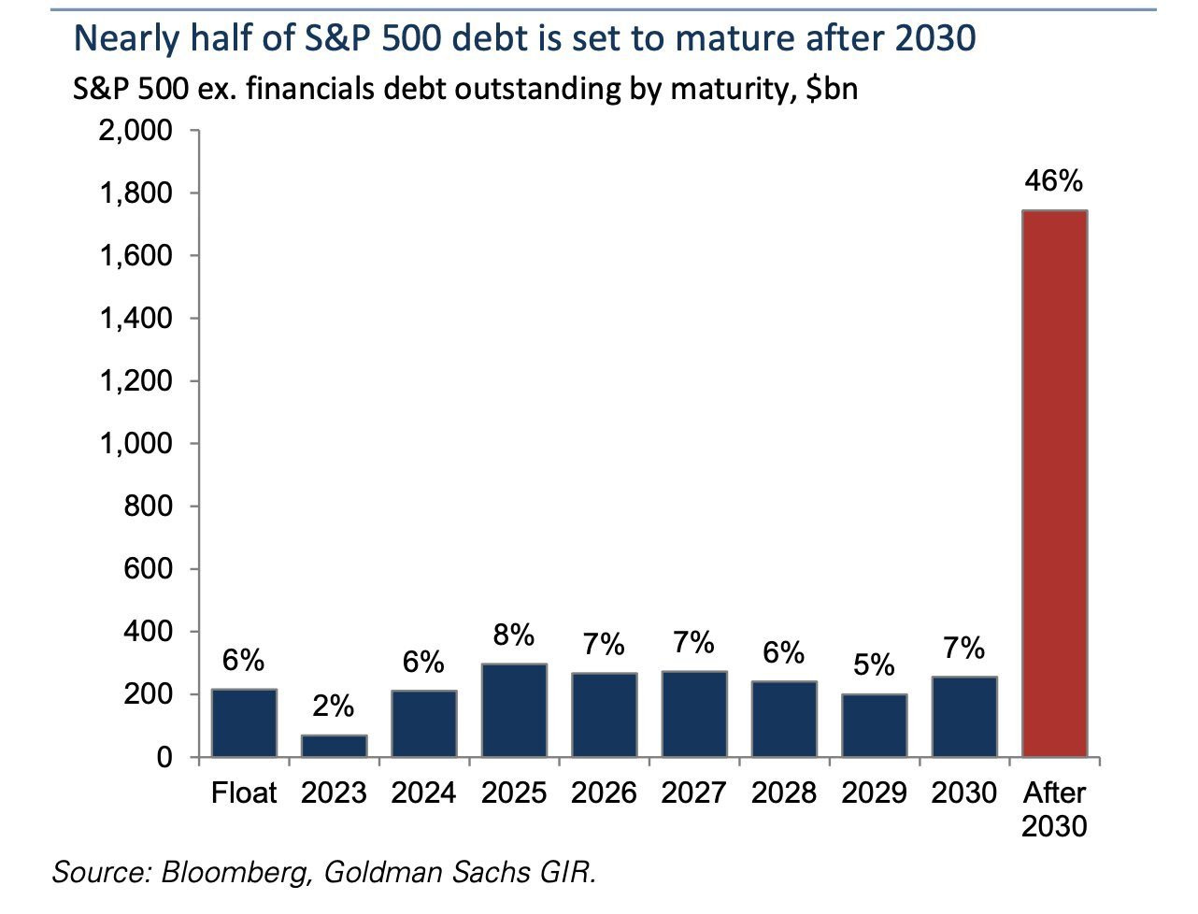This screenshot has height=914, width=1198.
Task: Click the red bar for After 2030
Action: coord(1055,483)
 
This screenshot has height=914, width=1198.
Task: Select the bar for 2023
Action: coord(334,746)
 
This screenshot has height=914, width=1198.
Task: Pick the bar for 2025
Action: coord(514,710)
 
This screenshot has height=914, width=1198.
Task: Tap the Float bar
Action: coord(244,722)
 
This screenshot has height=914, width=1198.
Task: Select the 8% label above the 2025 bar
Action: coord(514,636)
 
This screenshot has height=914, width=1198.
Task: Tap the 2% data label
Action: coord(334,707)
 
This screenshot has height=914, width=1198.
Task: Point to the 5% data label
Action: coord(874,665)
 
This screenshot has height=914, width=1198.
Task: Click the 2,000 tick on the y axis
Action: coord(136,131)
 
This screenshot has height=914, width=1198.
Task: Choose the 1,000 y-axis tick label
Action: coord(136,444)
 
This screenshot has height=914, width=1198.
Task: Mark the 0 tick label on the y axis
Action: coord(164,758)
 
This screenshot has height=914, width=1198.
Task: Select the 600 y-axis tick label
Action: coord(149,569)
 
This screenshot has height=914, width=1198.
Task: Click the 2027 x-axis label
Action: coord(693,793)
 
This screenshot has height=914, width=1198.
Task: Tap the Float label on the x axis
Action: coord(244,793)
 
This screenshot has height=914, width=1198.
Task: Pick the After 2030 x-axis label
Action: coord(1054,809)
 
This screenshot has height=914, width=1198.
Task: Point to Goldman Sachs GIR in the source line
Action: coord(459,873)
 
